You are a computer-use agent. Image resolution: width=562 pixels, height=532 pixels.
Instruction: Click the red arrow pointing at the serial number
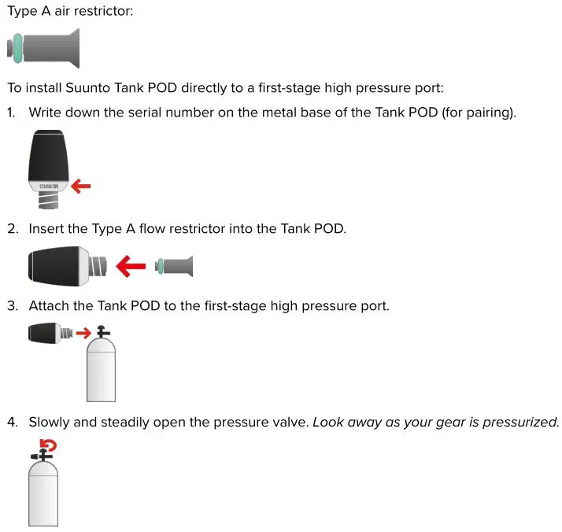[81, 187]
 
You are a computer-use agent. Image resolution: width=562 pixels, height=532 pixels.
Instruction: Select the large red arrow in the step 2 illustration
[131, 266]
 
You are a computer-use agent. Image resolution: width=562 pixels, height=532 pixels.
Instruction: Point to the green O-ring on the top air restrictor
[16, 49]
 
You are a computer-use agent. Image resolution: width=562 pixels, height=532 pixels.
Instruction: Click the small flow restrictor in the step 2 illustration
[174, 266]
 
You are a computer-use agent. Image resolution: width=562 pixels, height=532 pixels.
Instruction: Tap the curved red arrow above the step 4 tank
[50, 447]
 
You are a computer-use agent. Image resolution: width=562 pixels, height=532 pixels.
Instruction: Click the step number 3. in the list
[13, 305]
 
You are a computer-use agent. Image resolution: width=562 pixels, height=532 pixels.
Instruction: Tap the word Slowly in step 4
[50, 422]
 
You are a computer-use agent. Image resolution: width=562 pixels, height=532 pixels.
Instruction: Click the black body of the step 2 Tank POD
[55, 266]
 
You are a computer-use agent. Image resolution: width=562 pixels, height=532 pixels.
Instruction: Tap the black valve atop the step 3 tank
[100, 331]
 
